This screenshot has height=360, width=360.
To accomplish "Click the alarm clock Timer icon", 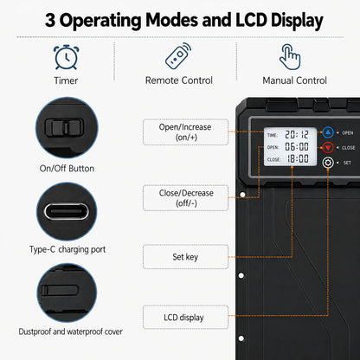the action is click(x=66, y=57).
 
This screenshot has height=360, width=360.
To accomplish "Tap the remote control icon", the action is click(x=178, y=56).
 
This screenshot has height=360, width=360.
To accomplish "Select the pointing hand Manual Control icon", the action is click(x=290, y=57).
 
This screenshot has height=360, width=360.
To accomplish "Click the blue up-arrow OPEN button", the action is click(x=328, y=132).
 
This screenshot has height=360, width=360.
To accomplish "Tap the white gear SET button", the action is click(x=328, y=163).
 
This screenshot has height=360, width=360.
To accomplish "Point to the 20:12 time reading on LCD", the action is click(x=297, y=135).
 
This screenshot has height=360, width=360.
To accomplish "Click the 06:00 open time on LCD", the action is click(x=297, y=146).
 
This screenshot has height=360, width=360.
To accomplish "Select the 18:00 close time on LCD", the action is click(x=298, y=158).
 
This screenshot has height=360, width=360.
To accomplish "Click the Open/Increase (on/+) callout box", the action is click(x=185, y=132).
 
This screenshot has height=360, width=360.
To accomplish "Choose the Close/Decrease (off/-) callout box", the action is click(x=185, y=198).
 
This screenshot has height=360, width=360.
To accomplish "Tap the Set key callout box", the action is click(x=185, y=257).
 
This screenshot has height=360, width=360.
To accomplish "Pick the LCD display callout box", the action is click(x=185, y=318).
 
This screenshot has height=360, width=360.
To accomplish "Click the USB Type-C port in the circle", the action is click(x=67, y=211).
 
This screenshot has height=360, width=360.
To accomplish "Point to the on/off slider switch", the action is click(x=64, y=127).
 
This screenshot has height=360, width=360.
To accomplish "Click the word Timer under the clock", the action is click(x=66, y=80).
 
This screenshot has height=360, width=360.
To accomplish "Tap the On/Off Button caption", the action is click(x=67, y=169).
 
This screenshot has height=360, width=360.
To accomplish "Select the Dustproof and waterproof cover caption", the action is click(x=70, y=331).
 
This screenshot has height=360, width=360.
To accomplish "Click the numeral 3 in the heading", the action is click(x=50, y=20).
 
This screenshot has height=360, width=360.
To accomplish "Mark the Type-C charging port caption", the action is click(x=67, y=249).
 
